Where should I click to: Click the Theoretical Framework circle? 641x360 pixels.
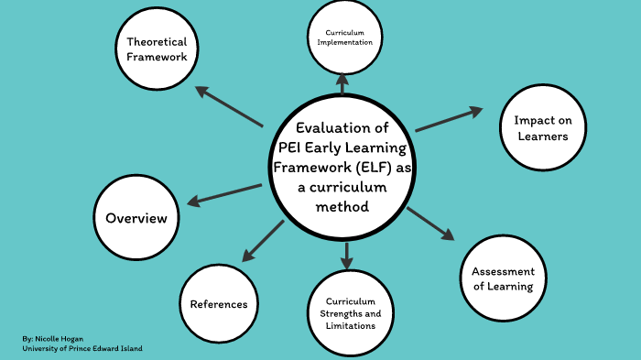coord(157,49)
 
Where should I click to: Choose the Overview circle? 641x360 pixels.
coord(136,218)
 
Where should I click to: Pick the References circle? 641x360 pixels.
coord(219,303)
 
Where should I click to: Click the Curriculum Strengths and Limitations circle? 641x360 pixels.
coord(344,313)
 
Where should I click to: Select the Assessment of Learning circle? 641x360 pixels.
coord(502,278)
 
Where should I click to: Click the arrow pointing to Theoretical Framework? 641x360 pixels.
coord(229,107)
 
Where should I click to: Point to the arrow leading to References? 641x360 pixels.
coord(262,240)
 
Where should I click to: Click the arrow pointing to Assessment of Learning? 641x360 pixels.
coord(430,224)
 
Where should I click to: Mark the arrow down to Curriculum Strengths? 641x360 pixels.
coord(346,256)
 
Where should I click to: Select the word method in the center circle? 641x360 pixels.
coord(342,206)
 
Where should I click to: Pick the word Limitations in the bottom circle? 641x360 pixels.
coord(344,325)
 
